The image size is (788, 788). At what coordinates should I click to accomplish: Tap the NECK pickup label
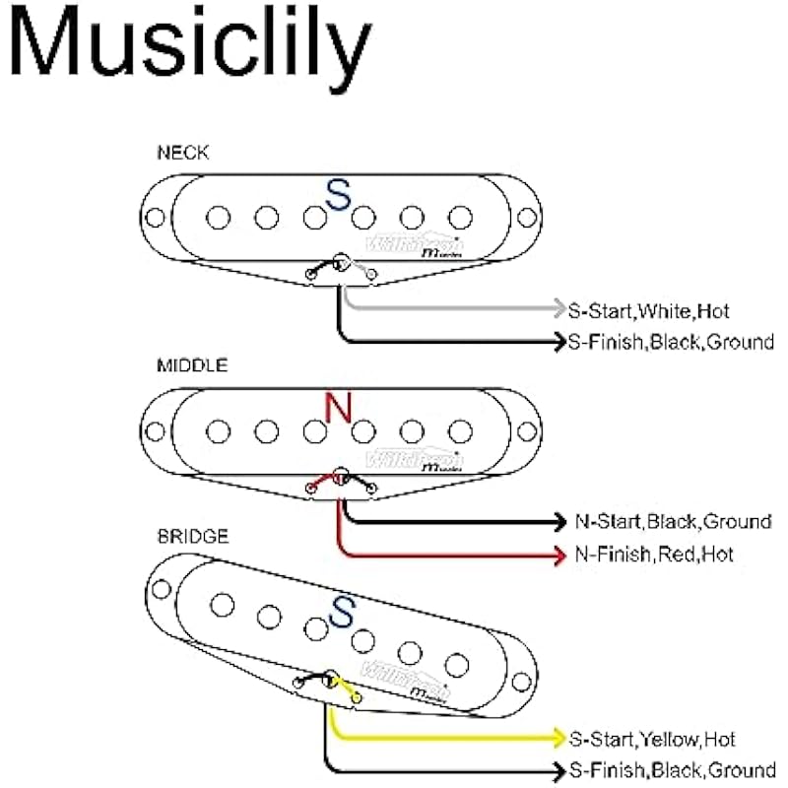(182, 153)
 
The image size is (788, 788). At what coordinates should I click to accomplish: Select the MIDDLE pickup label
(192, 365)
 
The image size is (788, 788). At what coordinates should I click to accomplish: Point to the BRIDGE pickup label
(193, 537)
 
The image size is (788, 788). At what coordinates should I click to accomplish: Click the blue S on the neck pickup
(338, 195)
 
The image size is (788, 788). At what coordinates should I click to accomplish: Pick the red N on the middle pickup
(338, 408)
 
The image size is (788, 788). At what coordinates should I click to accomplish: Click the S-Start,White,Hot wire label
(648, 311)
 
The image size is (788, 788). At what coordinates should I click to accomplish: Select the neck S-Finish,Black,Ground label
(671, 343)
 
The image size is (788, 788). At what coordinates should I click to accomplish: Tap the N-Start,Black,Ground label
(673, 522)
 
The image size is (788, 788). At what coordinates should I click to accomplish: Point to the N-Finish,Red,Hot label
(654, 555)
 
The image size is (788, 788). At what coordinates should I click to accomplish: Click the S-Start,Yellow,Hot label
(651, 739)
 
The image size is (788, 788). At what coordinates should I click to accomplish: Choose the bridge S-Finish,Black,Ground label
(671, 770)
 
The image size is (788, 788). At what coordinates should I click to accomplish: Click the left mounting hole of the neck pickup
(155, 217)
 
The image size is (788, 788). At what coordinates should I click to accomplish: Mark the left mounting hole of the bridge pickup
(161, 588)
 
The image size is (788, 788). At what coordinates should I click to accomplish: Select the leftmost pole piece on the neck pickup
(219, 216)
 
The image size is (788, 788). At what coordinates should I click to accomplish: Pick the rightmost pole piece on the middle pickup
(459, 429)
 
